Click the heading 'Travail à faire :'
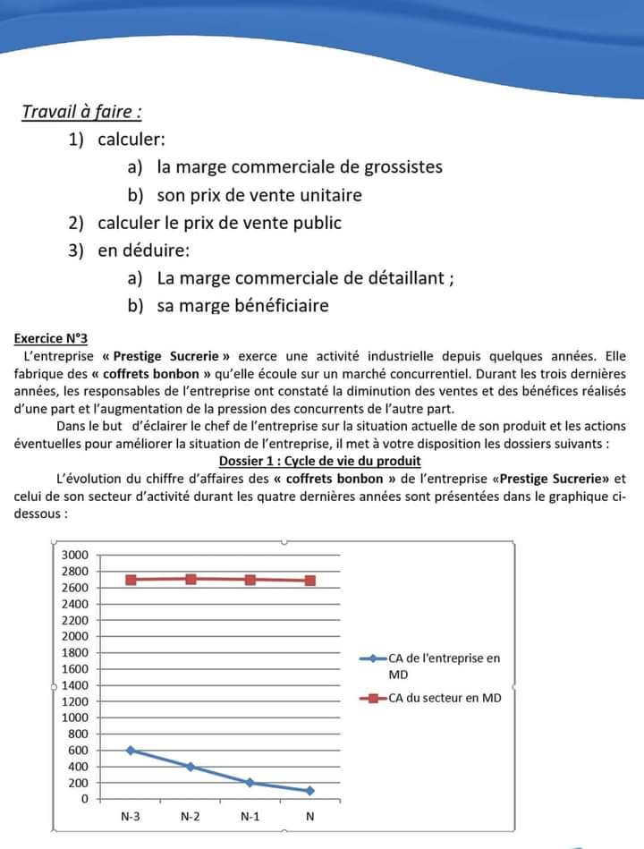coord(81,113)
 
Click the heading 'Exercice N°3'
coord(51,339)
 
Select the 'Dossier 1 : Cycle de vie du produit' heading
coord(319,461)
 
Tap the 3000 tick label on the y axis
coord(74,555)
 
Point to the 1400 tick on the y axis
coord(74,685)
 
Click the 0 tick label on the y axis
coord(84,799)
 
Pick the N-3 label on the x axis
coord(131,817)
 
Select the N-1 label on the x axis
coord(250,817)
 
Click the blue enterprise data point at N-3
coord(131,750)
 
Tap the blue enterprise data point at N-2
coord(191,767)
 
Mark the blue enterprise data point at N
coord(310,791)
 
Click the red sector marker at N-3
coord(131,580)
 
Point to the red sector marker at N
coord(310,581)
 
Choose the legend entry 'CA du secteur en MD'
coord(445,698)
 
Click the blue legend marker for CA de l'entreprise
coord(372,658)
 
